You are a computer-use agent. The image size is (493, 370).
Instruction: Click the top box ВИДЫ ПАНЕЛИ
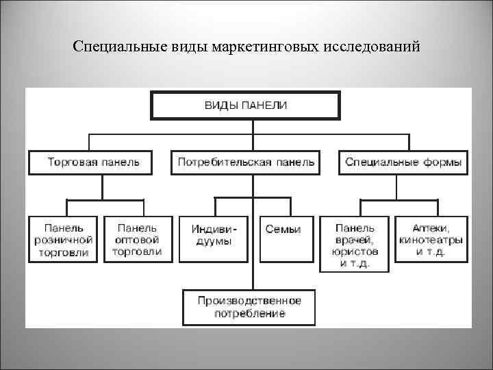(246, 106)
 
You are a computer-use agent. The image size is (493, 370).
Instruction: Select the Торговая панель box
(94, 163)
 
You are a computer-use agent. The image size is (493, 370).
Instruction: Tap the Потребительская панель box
(246, 163)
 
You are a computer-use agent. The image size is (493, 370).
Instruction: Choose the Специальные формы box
(403, 163)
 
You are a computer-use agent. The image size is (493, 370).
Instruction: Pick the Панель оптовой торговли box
(138, 239)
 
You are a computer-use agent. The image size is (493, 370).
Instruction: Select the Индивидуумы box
(213, 239)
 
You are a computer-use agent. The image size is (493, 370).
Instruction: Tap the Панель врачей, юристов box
(355, 243)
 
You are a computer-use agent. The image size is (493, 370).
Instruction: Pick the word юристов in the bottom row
(355, 251)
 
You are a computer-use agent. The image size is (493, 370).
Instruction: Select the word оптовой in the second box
(138, 240)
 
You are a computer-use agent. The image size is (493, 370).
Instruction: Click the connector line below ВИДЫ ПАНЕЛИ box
(252, 127)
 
